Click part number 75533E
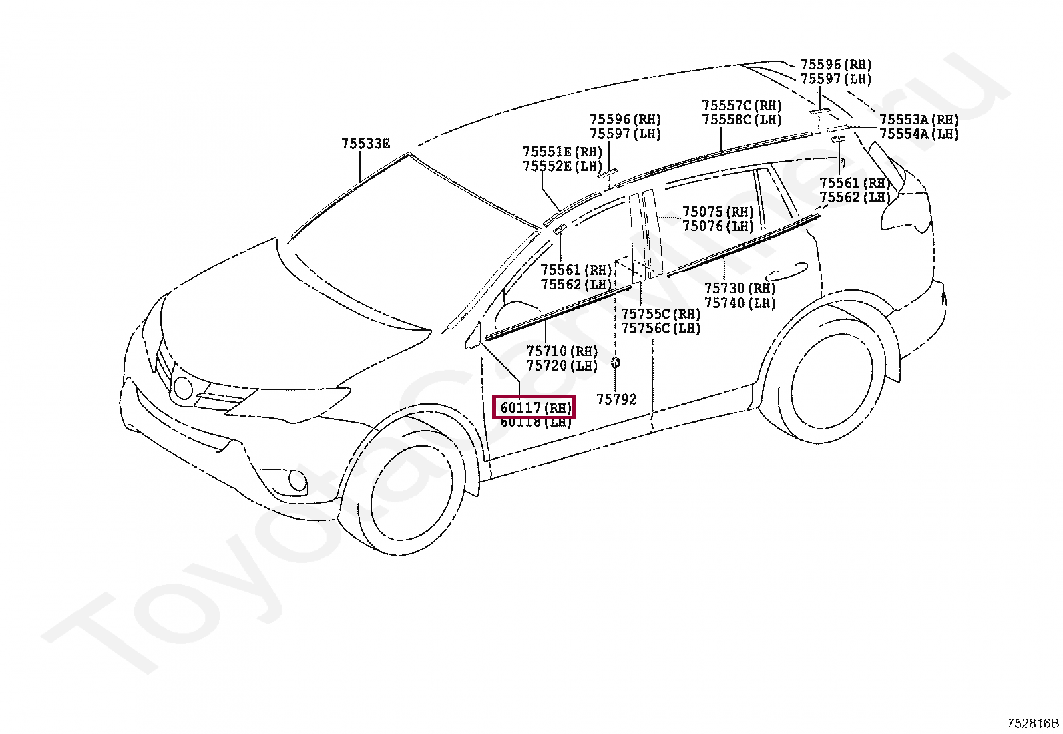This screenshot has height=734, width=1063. click(365, 144)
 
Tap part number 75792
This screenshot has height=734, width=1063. click(616, 399)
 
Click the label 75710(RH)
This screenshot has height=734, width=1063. click(562, 351)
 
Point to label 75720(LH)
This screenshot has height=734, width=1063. click(562, 365)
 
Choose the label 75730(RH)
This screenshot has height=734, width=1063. click(740, 289)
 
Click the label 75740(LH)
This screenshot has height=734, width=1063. click(740, 303)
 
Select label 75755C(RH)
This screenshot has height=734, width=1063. click(660, 314)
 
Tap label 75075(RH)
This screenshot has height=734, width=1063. click(718, 212)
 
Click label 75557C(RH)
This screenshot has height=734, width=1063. click(741, 106)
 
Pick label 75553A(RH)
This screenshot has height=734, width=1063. click(919, 120)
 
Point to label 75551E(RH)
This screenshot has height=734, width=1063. click(562, 152)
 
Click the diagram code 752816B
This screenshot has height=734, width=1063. click(1033, 723)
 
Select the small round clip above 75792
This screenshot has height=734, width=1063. click(615, 363)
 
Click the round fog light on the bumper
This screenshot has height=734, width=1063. click(298, 480)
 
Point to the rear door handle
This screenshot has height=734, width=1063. click(786, 272)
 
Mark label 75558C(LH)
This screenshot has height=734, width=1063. click(741, 120)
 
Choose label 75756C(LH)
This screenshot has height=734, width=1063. click(660, 328)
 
